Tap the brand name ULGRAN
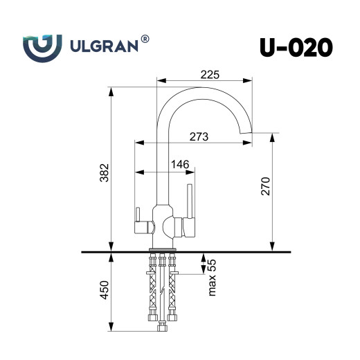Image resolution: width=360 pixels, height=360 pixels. (105, 49)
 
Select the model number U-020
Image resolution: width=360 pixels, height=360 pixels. (296, 48)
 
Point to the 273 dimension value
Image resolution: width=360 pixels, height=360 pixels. (199, 136)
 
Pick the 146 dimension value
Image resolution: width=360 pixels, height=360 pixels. (180, 164)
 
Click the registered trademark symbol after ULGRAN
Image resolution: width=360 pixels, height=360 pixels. (145, 41)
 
